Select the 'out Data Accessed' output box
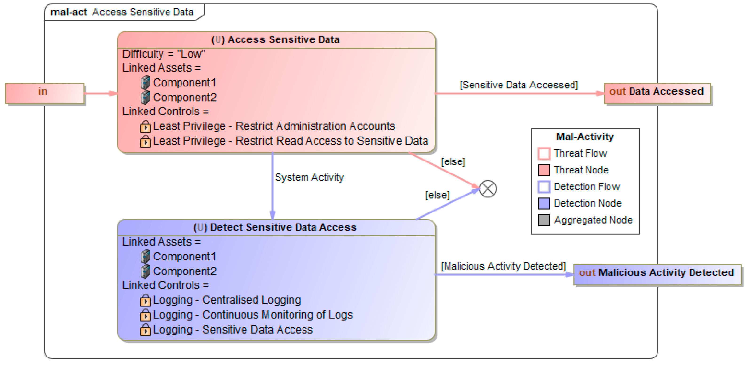point(657,93)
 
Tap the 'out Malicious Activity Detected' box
point(657,274)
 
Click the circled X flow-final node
point(488,189)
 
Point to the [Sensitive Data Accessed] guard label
point(519,85)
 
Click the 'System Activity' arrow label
point(309,177)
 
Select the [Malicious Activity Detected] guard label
point(503,266)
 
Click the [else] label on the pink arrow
point(453,161)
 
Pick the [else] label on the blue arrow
point(437,195)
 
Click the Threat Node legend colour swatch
point(544,170)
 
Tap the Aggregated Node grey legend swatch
point(544,220)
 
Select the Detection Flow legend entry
point(587,187)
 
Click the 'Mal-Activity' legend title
point(585,137)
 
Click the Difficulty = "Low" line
point(163,54)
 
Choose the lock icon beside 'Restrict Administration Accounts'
point(145,127)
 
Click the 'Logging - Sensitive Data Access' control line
point(232,330)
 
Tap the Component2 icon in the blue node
point(145,271)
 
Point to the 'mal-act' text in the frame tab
point(69,12)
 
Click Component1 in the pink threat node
point(184,83)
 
